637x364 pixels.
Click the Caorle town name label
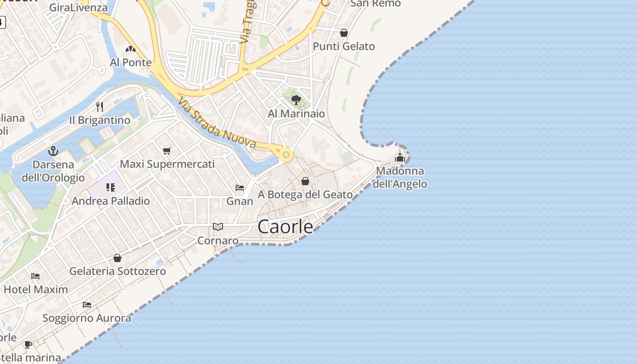[x=285, y=227]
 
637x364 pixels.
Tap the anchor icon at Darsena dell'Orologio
[x=53, y=151]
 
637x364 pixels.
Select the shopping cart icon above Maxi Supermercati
[x=167, y=151]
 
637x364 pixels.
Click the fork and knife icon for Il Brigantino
[x=100, y=107]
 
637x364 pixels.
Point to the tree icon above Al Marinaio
[x=296, y=100]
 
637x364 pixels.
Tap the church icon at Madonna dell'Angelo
[x=400, y=158]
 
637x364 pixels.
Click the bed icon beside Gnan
[x=240, y=187]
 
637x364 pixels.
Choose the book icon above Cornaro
[x=218, y=227]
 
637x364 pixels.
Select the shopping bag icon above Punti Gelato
[x=344, y=33]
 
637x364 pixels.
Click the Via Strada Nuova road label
[x=217, y=122]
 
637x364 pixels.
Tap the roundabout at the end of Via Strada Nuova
[x=286, y=155]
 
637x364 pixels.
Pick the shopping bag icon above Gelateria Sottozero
[x=117, y=258]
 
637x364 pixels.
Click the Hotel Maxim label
[x=35, y=289]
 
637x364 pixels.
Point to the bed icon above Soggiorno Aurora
[x=87, y=304]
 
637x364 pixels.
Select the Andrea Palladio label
[x=111, y=201]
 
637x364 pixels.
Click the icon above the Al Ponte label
[x=131, y=49]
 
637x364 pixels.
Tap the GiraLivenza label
[x=78, y=7]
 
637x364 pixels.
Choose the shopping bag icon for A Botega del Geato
[x=305, y=181]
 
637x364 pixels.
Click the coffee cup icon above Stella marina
[x=28, y=344]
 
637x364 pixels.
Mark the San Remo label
[x=376, y=4]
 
